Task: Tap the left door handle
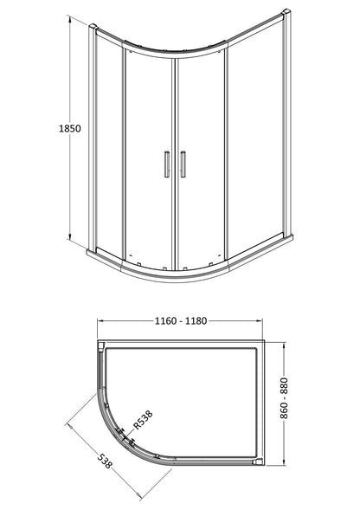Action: [167, 165]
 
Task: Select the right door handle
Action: [183, 165]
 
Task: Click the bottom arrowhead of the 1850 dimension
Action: [69, 241]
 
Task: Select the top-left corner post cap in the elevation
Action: [94, 29]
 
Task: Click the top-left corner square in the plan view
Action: [103, 347]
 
